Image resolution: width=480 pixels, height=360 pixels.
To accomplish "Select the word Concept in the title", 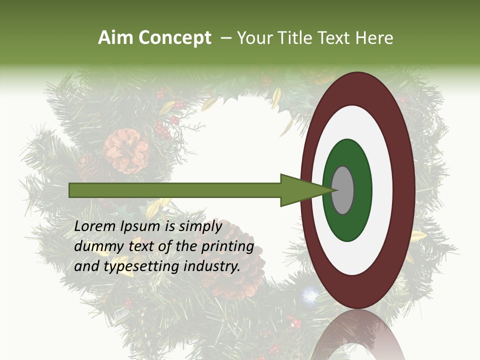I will tap(174, 38).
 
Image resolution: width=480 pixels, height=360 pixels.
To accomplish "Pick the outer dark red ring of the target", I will tap(404, 190).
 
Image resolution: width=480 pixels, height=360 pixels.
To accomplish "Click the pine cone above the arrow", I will tap(126, 150).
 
